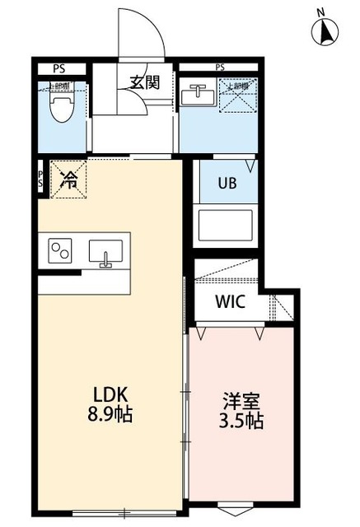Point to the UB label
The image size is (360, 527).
point(227,183)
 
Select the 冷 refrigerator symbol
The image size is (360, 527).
point(68,179)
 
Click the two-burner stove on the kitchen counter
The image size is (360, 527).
point(62,250)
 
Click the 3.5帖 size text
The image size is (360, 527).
point(241,422)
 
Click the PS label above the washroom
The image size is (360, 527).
point(220,68)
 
